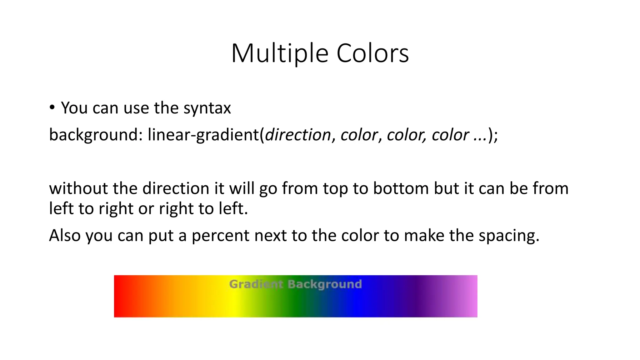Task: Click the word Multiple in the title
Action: [x=280, y=53]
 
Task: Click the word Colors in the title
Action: [x=372, y=53]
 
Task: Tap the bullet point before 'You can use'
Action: [x=52, y=107]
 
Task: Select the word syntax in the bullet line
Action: [x=207, y=108]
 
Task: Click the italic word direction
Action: [x=298, y=135]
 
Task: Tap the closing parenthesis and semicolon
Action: [x=493, y=135]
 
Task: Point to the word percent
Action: [x=220, y=236]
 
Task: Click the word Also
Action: [x=65, y=236]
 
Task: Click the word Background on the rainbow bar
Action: [x=325, y=284]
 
